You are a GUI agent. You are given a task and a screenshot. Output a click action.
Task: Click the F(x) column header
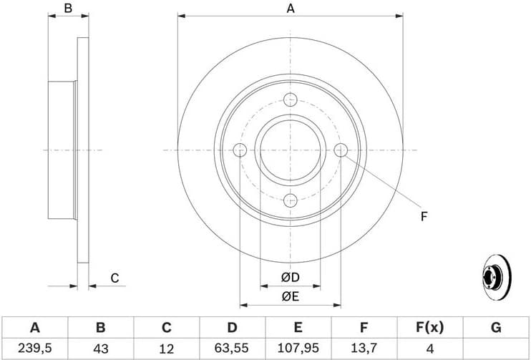coord(429,328)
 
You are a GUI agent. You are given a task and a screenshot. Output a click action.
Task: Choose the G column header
coord(495,328)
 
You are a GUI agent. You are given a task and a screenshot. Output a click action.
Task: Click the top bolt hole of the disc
coord(291,100)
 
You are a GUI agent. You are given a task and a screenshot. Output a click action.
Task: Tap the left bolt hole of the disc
coord(240,150)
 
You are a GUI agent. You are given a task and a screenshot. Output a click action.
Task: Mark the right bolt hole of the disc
coord(341,150)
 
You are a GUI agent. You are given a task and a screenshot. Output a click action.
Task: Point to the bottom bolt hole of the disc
coord(291,200)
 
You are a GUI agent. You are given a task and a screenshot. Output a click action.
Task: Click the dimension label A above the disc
coord(291,9)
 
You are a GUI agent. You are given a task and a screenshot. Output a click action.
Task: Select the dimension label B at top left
coord(69,9)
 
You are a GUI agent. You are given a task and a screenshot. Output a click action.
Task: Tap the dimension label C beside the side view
coord(114,278)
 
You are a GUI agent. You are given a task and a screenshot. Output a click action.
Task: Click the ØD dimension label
coord(290,277)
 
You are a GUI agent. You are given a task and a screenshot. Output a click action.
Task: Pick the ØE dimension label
coord(290,296)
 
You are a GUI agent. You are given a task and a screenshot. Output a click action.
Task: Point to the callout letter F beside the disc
coord(424,216)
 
